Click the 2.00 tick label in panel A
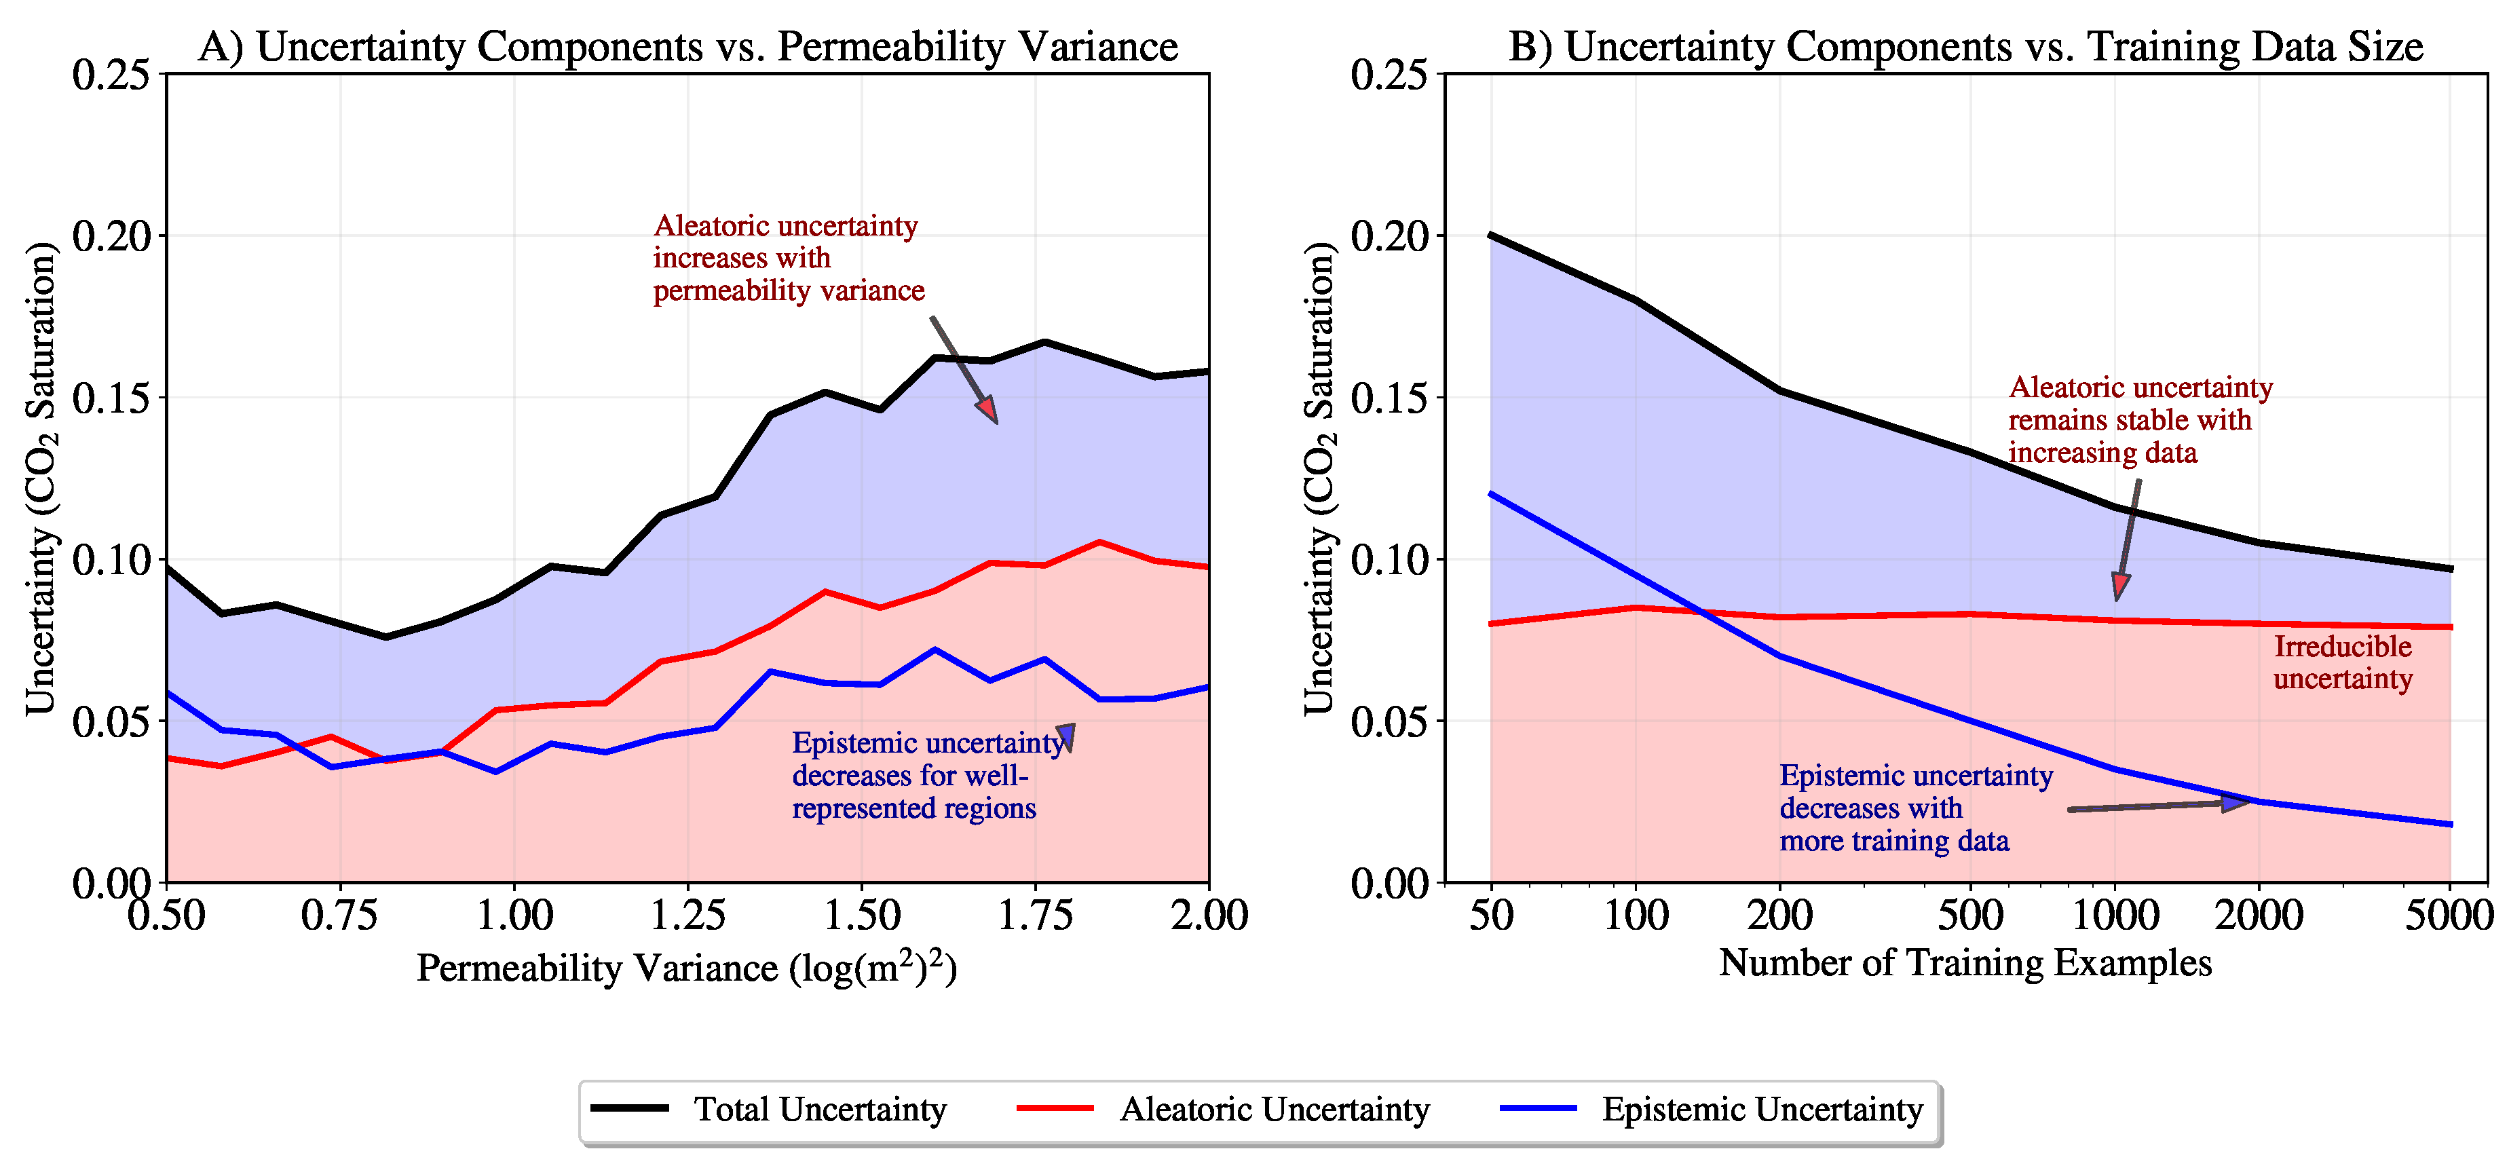point(1209,915)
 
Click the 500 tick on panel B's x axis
point(1970,915)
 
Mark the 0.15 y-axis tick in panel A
point(111,398)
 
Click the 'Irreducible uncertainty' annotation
point(2343,662)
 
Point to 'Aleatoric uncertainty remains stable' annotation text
point(2139,420)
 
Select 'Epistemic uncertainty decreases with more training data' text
point(1915,808)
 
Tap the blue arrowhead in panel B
point(2236,803)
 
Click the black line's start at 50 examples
point(1491,235)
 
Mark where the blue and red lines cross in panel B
point(1701,611)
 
